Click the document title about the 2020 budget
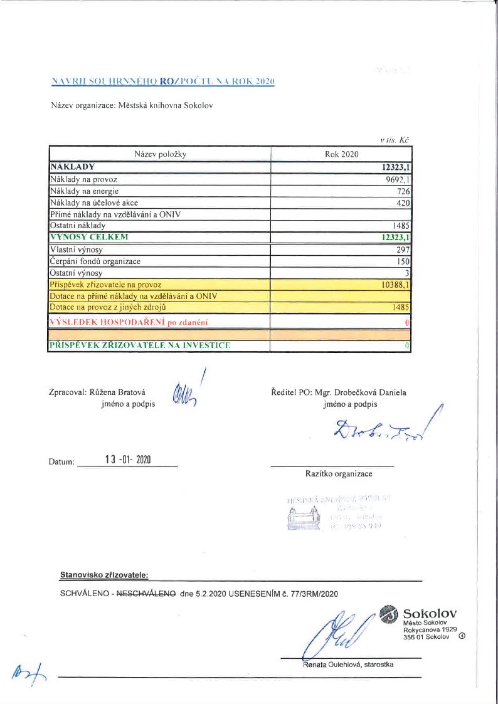[x=162, y=81]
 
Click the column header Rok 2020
[x=341, y=154]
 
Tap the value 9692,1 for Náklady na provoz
[x=395, y=179]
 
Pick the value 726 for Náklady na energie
[x=403, y=191]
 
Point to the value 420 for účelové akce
[x=403, y=202]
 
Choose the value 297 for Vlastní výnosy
[x=403, y=250]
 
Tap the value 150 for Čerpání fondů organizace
[x=403, y=261]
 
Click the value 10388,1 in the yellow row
[x=395, y=285]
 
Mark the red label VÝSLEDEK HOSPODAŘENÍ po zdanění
[x=129, y=322]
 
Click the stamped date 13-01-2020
[x=129, y=460]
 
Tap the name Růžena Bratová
[x=114, y=392]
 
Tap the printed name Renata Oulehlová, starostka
[x=347, y=665]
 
